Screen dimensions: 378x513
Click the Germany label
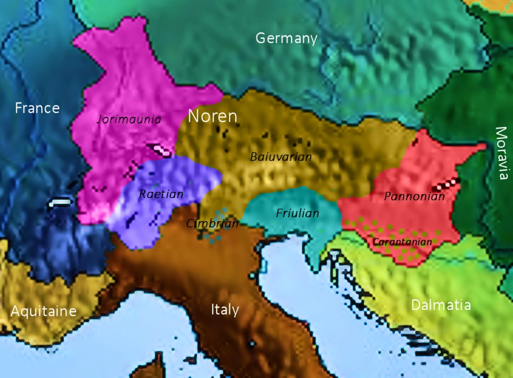286,38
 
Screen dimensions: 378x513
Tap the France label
37,108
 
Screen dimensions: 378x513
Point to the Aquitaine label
43,311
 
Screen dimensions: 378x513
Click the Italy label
225,309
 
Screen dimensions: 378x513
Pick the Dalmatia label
441,305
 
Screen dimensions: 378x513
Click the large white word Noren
213,116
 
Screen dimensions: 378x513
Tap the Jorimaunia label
129,119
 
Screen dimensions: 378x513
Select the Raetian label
161,194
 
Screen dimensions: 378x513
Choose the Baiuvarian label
281,157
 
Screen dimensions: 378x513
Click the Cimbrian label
213,223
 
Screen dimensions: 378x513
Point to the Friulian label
298,213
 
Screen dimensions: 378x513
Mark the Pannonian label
414,197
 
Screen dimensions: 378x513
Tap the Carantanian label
403,242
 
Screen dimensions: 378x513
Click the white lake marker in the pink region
161,150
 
